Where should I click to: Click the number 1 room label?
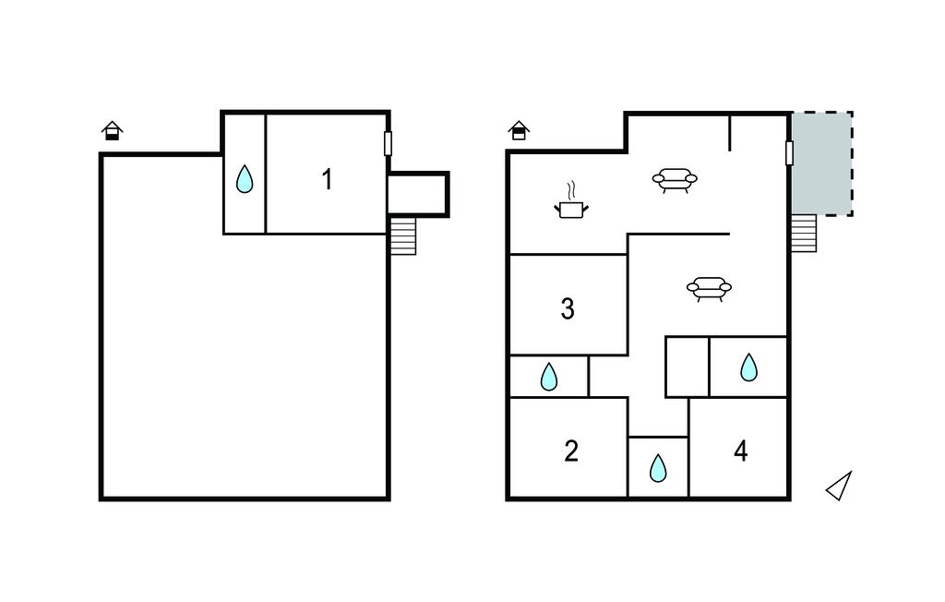point(328,180)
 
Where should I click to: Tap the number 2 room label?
point(570,451)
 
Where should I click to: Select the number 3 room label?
point(568,308)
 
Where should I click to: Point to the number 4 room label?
point(741,451)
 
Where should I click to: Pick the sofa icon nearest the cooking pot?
point(675,180)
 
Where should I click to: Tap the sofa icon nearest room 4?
point(709,289)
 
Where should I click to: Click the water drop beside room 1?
point(244,178)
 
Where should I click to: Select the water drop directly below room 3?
point(548,377)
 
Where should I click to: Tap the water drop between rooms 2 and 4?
point(658,468)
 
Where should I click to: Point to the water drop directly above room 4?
point(748,367)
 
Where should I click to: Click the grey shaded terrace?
point(821,163)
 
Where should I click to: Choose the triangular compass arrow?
point(840,487)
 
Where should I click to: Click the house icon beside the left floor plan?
point(112,131)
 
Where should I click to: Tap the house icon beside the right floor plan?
point(519,130)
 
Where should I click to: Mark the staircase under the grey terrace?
point(804,234)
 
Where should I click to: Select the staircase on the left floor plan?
point(403,235)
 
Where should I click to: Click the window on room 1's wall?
point(389,143)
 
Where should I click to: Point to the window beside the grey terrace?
point(789,153)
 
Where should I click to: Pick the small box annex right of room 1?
point(418,194)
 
